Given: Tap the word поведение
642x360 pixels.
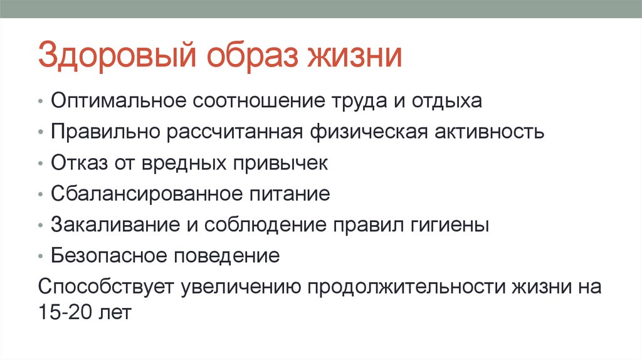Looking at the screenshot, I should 230,255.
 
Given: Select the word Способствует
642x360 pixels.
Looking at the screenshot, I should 105,287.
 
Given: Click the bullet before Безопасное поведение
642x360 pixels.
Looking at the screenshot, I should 41,257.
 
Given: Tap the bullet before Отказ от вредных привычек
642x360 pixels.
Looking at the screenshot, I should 41,164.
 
